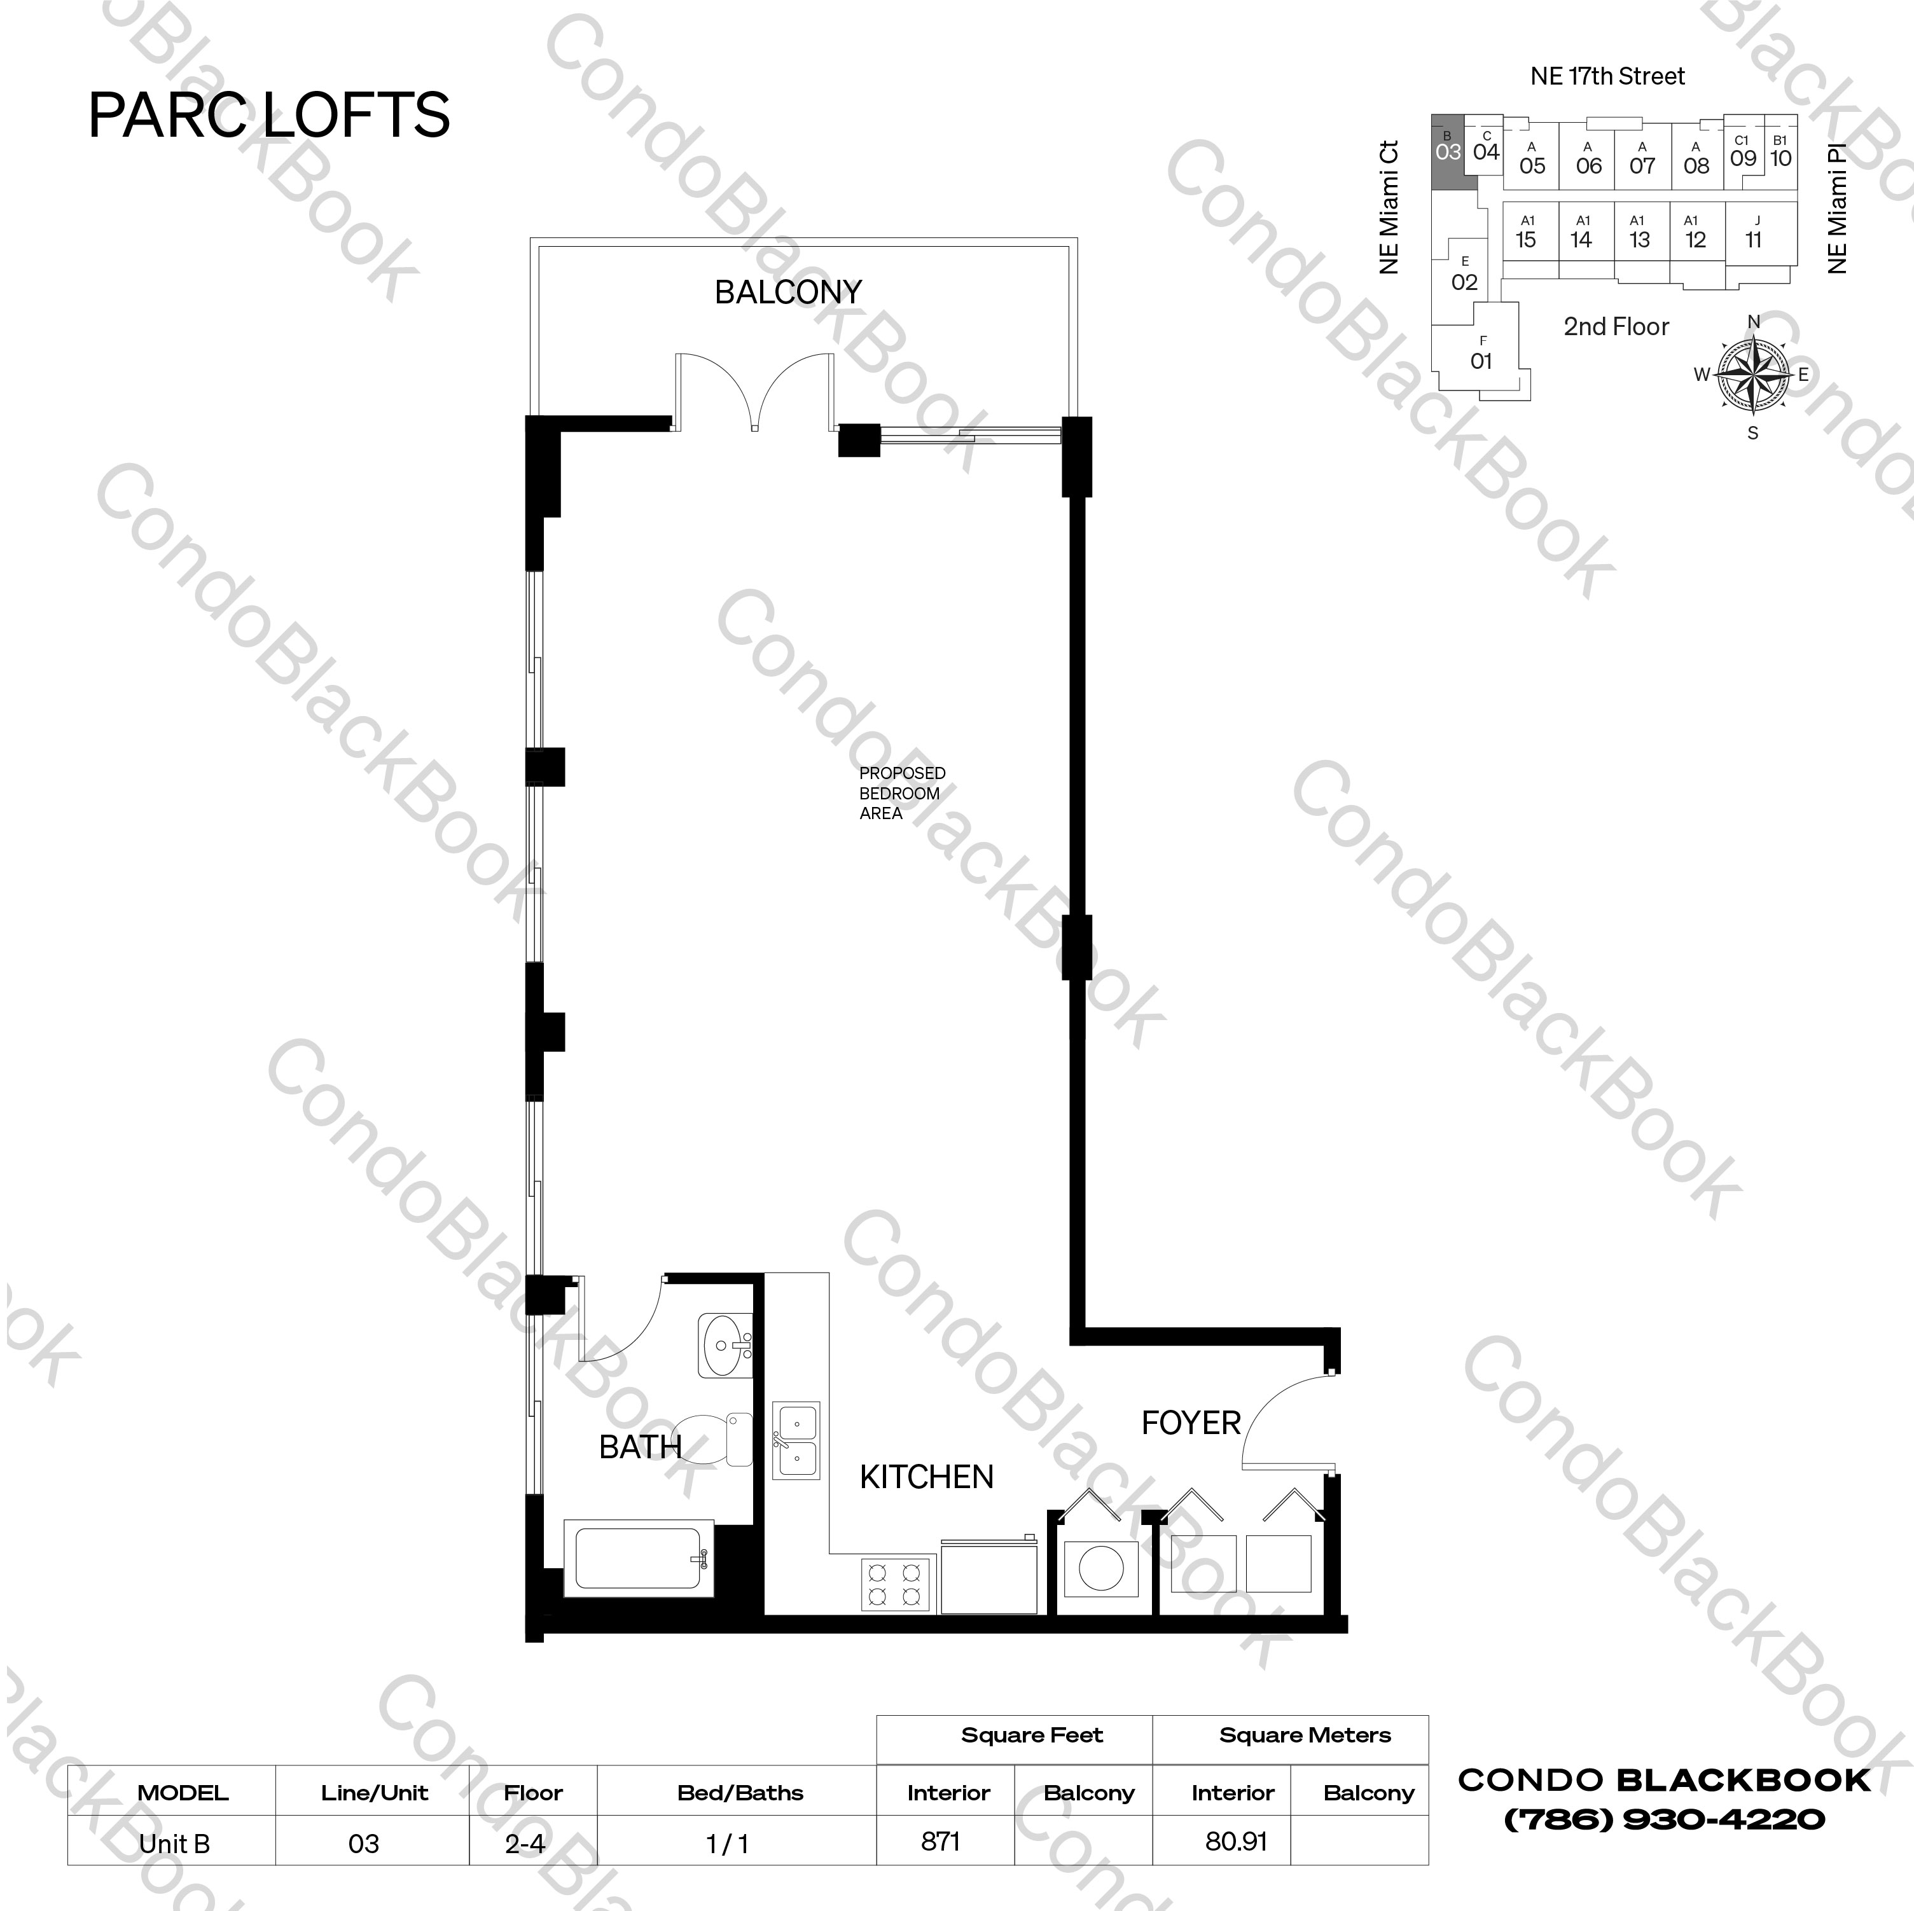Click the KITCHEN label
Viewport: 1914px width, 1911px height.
click(926, 1477)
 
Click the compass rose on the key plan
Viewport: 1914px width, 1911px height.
click(1752, 375)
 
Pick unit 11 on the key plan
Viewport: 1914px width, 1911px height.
click(1754, 234)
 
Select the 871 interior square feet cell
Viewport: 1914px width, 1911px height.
click(940, 1840)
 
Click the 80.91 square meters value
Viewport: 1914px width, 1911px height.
click(1235, 1840)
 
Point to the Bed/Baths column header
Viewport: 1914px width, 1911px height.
click(740, 1792)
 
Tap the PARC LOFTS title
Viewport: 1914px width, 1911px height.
click(270, 115)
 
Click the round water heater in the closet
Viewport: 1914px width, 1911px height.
click(1100, 1570)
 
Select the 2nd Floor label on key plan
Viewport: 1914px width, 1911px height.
click(1616, 327)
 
